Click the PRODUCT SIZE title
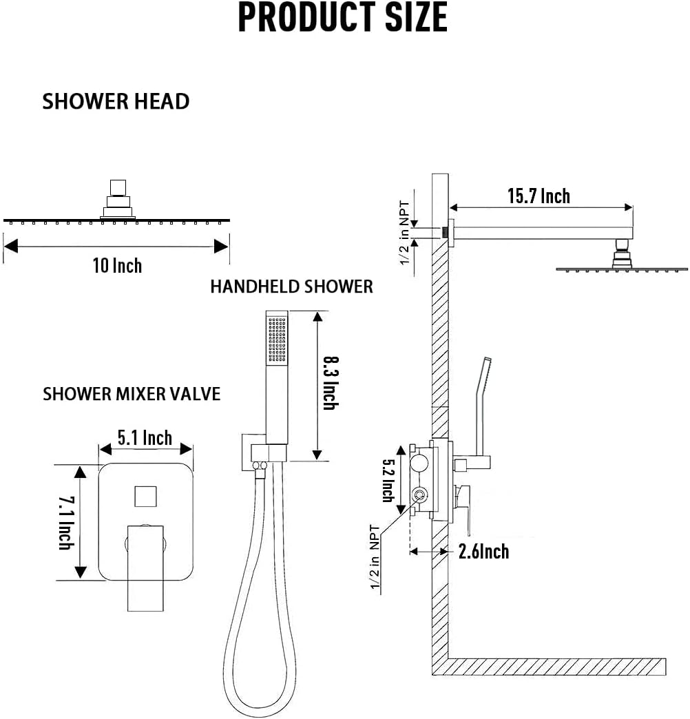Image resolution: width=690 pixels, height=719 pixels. (x=342, y=19)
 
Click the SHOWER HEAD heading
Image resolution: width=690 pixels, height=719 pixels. (x=116, y=101)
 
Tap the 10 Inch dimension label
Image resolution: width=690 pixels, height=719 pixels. (x=117, y=265)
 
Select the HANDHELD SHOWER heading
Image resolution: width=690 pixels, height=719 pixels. (x=291, y=286)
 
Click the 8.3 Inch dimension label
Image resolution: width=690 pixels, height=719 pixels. (x=331, y=384)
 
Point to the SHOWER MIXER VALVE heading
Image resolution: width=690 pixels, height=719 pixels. (x=132, y=394)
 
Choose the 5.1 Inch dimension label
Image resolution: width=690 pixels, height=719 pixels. (x=145, y=437)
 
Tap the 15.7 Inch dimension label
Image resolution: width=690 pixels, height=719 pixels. (x=539, y=196)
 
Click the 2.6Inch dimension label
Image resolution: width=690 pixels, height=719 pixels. (x=483, y=551)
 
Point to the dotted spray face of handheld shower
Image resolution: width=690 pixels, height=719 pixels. (x=277, y=340)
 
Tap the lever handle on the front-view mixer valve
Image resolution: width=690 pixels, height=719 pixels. (x=146, y=565)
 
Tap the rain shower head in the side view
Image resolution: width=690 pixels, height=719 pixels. (x=621, y=268)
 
